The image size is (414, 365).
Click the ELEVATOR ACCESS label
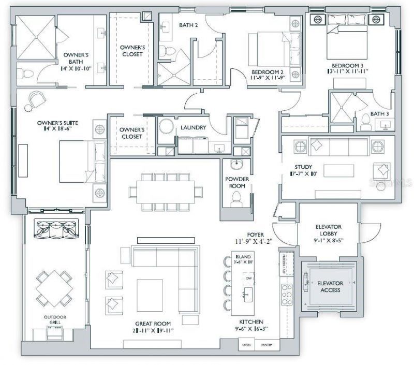coord(329,287)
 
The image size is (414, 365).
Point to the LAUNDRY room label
coord(193,128)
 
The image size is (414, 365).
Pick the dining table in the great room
coord(162,188)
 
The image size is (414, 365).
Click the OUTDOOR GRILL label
coord(53,320)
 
